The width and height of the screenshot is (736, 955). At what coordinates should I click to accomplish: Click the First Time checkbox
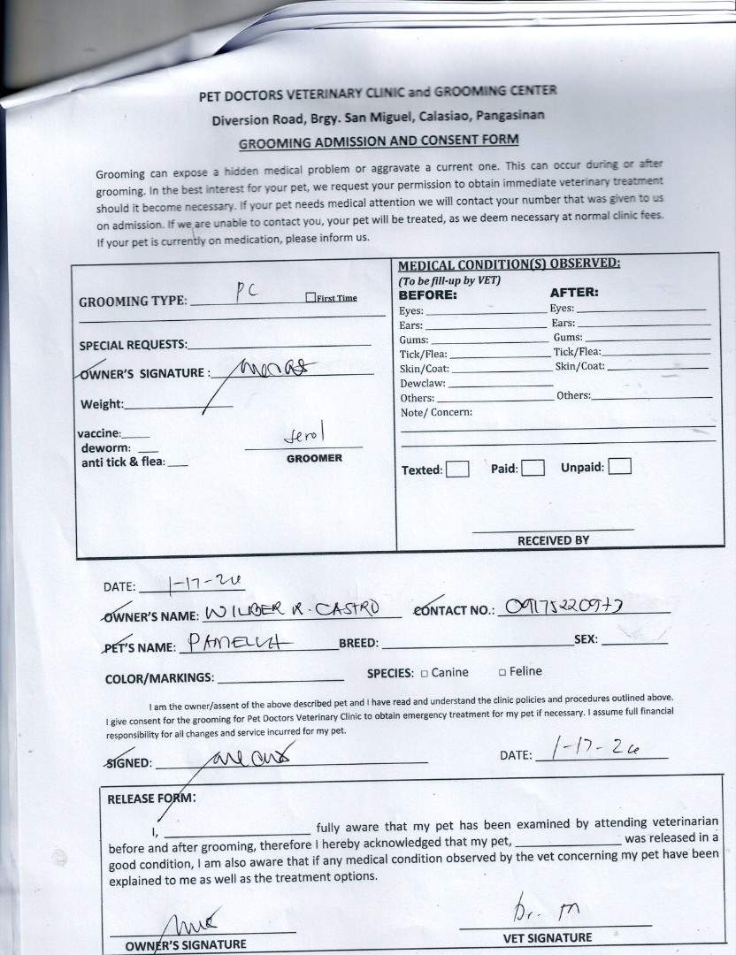pyautogui.click(x=310, y=298)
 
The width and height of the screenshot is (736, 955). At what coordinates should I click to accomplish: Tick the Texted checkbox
pyautogui.click(x=457, y=470)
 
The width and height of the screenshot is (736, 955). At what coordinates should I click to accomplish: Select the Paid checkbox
pyautogui.click(x=533, y=469)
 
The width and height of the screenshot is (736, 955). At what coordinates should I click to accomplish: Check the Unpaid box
pyautogui.click(x=620, y=466)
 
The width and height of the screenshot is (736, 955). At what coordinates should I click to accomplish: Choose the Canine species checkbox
pyautogui.click(x=424, y=673)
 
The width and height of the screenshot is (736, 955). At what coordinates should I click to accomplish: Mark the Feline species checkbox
pyautogui.click(x=502, y=672)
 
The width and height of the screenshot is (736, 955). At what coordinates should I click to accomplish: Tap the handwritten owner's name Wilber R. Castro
pyautogui.click(x=292, y=610)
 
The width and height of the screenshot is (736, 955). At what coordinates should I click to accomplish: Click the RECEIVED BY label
pyautogui.click(x=553, y=539)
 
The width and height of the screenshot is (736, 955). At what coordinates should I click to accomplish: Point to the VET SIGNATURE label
pyautogui.click(x=548, y=937)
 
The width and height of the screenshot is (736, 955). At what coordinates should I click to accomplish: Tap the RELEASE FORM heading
pyautogui.click(x=151, y=798)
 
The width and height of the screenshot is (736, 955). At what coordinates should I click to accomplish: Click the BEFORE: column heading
pyautogui.click(x=427, y=294)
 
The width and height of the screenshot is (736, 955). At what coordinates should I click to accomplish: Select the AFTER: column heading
pyautogui.click(x=574, y=293)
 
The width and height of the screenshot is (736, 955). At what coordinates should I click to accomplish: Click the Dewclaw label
pyautogui.click(x=422, y=385)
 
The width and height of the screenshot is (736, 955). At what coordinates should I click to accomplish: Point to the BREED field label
pyautogui.click(x=358, y=644)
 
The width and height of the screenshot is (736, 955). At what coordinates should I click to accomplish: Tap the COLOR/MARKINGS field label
pyautogui.click(x=159, y=678)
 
